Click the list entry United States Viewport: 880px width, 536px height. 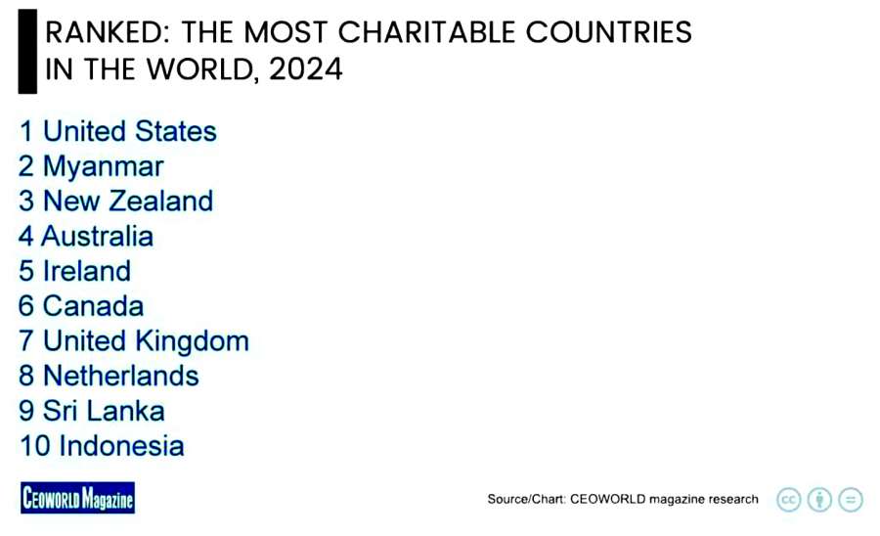click(x=129, y=131)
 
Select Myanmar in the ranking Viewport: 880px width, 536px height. click(x=103, y=166)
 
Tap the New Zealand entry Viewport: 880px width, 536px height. click(x=127, y=201)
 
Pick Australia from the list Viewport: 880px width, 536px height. click(x=97, y=236)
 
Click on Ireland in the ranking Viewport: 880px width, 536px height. click(x=86, y=271)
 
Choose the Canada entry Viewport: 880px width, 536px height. click(x=93, y=306)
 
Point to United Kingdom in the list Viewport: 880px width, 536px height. click(x=146, y=340)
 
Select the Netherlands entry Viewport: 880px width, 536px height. click(x=120, y=376)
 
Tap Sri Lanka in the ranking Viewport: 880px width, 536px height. click(x=104, y=411)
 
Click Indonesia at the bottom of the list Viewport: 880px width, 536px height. click(x=121, y=446)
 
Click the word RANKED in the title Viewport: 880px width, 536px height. click(x=100, y=32)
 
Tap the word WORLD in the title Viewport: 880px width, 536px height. click(x=197, y=70)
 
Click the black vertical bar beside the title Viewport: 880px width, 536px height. click(x=27, y=52)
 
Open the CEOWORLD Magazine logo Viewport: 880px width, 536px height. click(x=77, y=499)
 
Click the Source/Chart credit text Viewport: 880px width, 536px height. click(x=623, y=499)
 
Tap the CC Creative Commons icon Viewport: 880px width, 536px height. click(x=789, y=499)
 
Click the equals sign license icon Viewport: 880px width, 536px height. click(x=851, y=499)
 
